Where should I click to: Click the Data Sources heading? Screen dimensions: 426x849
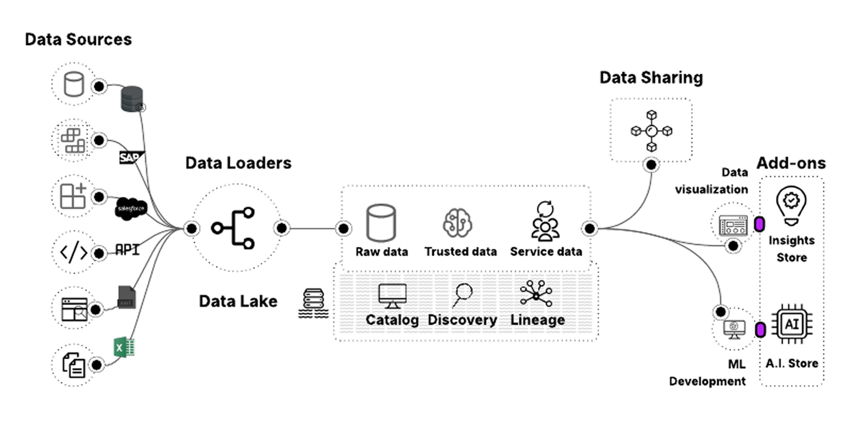click(78, 39)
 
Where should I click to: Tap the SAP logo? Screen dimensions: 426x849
click(131, 158)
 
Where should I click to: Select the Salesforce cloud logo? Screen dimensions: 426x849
click(131, 209)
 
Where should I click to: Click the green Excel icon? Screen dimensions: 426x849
click(124, 347)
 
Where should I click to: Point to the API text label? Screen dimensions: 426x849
click(127, 250)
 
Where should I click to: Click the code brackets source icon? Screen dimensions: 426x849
click(74, 252)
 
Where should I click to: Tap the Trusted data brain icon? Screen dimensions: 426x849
click(457, 223)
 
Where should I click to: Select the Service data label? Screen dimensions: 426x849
click(546, 252)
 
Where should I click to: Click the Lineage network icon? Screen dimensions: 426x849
click(536, 294)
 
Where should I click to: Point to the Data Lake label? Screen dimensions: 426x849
click(238, 301)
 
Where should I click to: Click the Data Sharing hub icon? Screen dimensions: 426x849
click(651, 131)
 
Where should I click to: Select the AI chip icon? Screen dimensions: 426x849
click(792, 324)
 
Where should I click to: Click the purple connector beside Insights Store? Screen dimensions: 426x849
click(759, 224)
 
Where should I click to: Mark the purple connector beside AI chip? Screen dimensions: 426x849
click(760, 330)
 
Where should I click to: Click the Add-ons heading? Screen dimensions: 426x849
click(791, 163)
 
